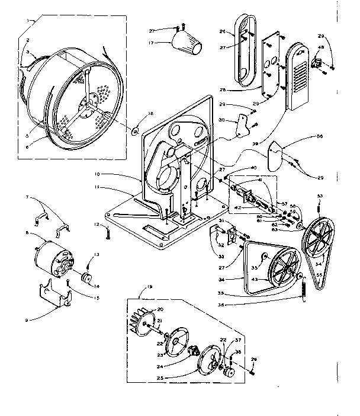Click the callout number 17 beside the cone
click(152, 43)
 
